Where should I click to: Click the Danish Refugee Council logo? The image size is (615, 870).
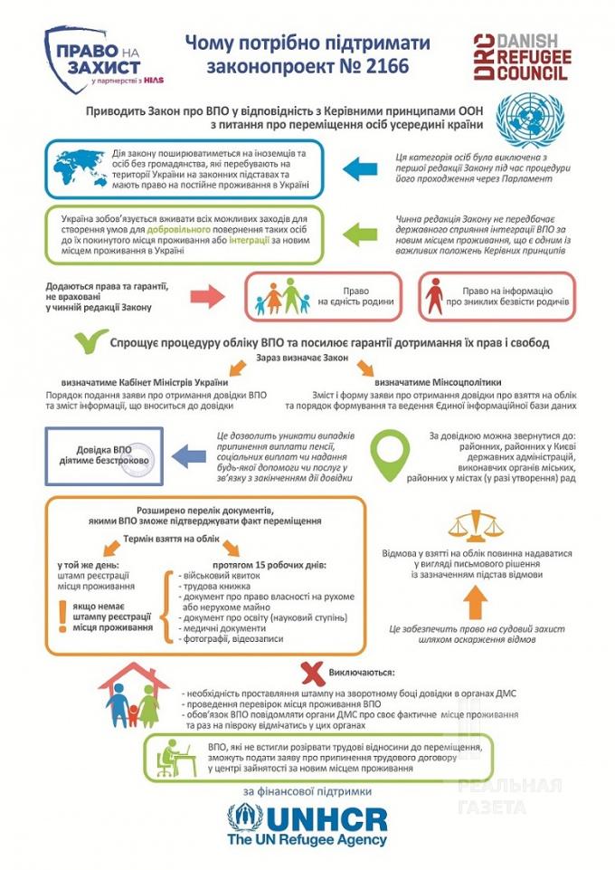coord(519,57)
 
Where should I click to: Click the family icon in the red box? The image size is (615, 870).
coord(281,296)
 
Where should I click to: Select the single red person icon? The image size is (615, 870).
coord(436,295)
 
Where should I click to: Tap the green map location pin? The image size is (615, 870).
coord(391,446)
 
